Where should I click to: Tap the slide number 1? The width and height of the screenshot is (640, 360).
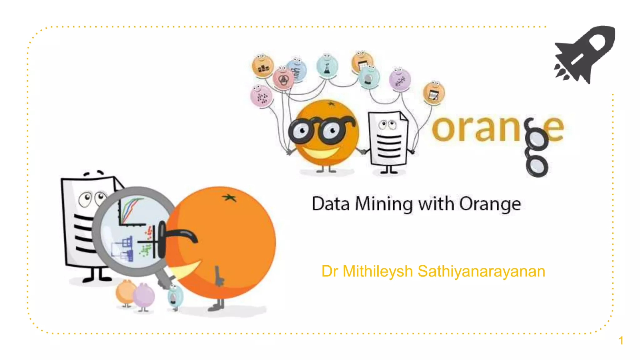(621, 341)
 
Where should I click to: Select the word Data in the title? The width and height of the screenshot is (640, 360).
(330, 204)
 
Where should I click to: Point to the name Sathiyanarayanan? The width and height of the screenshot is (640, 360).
(481, 271)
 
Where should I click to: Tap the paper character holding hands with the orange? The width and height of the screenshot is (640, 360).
(388, 139)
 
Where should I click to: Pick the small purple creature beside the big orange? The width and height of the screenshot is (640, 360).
(144, 296)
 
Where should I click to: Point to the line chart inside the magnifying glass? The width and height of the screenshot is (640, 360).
(131, 211)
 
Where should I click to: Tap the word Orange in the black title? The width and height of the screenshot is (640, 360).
(490, 204)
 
